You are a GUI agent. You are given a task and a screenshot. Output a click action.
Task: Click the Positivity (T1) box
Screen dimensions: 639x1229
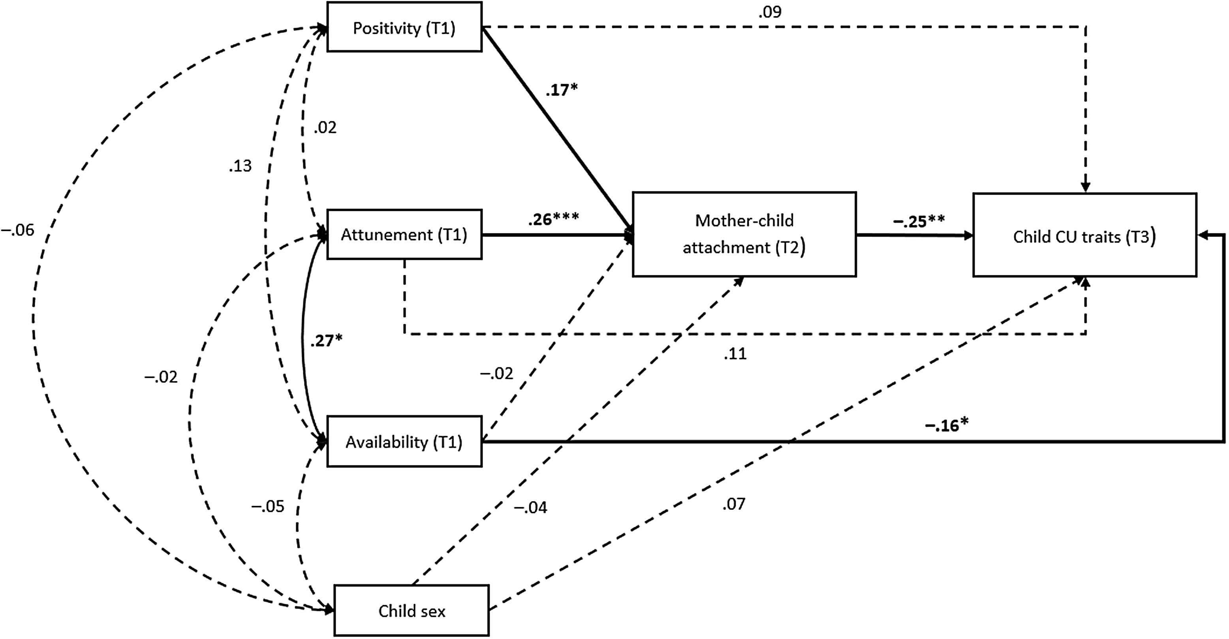pyautogui.click(x=404, y=28)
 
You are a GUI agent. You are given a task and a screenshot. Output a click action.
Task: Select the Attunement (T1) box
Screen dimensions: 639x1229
pyautogui.click(x=404, y=234)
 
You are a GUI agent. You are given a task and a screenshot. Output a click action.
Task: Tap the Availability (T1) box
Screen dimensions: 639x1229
pyautogui.click(x=404, y=442)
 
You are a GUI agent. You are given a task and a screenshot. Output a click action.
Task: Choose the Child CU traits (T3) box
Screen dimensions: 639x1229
pyautogui.click(x=1084, y=236)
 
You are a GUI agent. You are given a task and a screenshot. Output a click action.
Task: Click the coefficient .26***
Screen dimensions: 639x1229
pyautogui.click(x=553, y=219)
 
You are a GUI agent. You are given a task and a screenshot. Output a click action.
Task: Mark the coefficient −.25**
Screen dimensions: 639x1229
pyautogui.click(x=919, y=222)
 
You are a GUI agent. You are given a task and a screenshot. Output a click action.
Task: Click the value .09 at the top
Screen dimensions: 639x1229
pyautogui.click(x=770, y=12)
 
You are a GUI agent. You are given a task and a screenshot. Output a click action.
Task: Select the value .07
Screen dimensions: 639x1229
pyautogui.click(x=733, y=504)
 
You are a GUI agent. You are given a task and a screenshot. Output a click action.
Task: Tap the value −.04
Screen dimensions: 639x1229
pyautogui.click(x=530, y=507)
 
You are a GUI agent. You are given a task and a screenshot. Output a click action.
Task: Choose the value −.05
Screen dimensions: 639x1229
pyautogui.click(x=268, y=506)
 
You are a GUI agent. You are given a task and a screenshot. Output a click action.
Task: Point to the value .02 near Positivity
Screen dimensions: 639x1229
pyautogui.click(x=325, y=128)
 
